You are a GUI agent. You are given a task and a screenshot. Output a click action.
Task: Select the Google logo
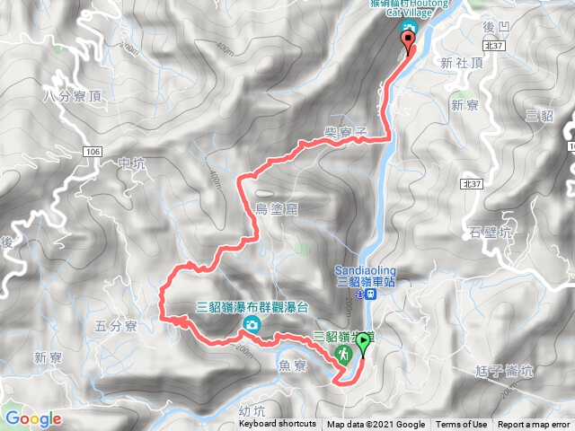point(33,418)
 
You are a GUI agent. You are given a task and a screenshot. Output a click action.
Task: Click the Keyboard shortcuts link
point(277,425)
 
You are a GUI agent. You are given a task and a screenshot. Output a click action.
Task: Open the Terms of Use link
point(462,425)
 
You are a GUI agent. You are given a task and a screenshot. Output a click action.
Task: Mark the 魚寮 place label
point(294,365)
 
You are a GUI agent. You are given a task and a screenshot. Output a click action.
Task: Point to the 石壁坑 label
point(490,233)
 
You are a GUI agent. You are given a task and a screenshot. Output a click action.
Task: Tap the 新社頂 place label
point(463,62)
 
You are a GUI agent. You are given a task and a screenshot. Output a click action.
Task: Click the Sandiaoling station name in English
point(364,268)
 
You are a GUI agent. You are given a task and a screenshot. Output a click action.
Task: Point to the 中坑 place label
point(131,163)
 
